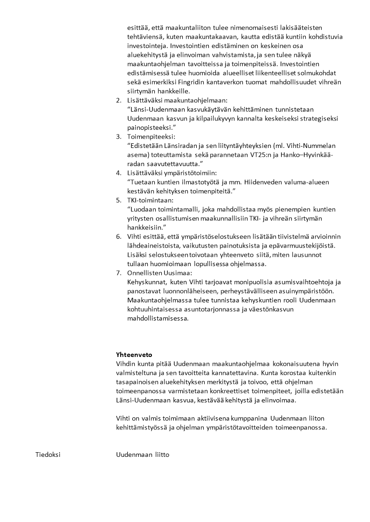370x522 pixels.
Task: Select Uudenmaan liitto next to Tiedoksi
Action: [143, 455]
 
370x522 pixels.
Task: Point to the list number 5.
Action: [118, 200]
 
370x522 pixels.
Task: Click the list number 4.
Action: [118, 173]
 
